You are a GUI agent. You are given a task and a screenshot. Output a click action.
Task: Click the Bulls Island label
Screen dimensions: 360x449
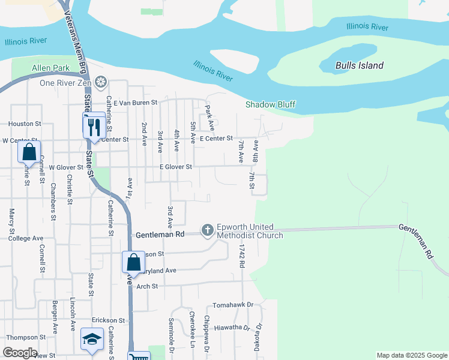point(360,65)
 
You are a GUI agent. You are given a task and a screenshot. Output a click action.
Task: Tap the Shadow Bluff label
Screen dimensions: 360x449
point(270,105)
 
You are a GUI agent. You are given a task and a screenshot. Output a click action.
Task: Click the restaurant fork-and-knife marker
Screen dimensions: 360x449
point(93,127)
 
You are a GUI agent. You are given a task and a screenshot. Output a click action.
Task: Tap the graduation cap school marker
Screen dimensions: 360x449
point(92,340)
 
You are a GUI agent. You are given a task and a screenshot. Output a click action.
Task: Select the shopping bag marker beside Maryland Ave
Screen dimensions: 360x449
point(133,262)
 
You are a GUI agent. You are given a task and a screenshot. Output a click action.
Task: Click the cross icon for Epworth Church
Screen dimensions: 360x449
point(208,230)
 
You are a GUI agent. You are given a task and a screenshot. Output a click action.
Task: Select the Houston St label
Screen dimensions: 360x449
point(25,124)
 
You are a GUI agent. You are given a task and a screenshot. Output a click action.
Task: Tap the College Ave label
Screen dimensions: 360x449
point(26,238)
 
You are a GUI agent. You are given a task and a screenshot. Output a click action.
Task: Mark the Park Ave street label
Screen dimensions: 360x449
point(209,118)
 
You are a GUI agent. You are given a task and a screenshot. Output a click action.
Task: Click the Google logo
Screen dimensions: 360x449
point(20,353)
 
